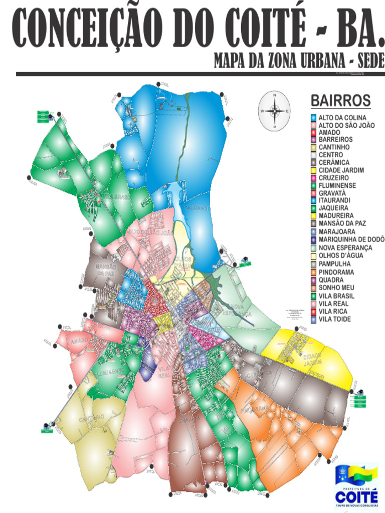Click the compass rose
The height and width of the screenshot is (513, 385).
(274, 111)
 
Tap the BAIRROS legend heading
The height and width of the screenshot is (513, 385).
(340, 100)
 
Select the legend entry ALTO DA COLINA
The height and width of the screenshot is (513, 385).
(342, 118)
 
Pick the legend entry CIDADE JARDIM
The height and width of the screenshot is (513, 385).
(341, 170)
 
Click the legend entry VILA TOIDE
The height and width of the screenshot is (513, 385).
(335, 319)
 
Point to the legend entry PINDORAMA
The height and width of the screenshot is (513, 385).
(336, 272)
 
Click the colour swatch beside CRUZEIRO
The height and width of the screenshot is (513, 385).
(313, 178)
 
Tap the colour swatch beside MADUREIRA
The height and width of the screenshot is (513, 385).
(313, 216)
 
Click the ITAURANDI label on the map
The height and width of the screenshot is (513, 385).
(195, 207)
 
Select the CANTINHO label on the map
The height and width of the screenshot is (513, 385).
(91, 417)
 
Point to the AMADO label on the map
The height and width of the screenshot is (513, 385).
(79, 341)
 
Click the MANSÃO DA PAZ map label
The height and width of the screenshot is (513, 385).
(106, 270)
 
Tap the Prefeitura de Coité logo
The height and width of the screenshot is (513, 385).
(356, 485)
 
